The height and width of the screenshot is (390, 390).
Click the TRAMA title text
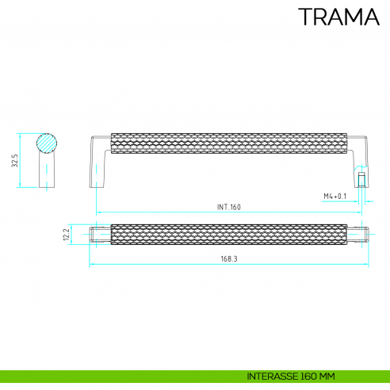(x=338, y=17)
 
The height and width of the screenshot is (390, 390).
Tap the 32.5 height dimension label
(x=14, y=161)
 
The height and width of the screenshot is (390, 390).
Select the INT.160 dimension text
(x=228, y=207)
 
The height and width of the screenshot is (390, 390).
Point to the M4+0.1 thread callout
(x=336, y=196)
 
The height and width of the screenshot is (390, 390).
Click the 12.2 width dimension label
(x=68, y=235)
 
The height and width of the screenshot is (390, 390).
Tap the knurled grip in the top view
(x=229, y=235)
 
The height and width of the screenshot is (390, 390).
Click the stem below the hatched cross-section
(x=49, y=170)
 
